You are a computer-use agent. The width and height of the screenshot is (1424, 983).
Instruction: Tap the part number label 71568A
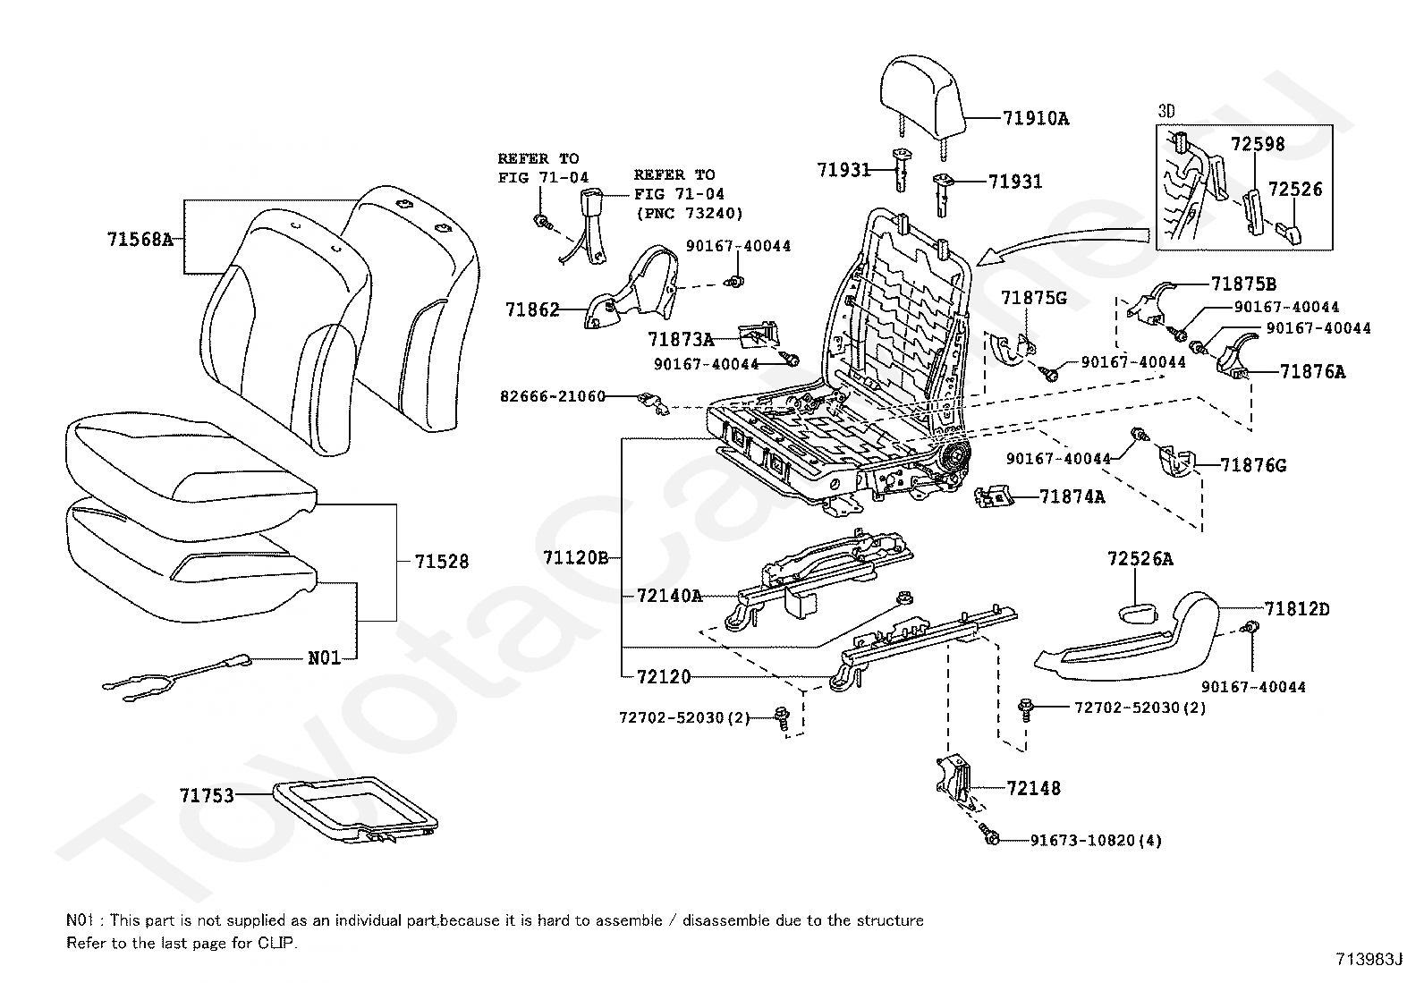pos(140,240)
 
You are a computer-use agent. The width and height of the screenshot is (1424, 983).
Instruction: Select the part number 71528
pos(441,562)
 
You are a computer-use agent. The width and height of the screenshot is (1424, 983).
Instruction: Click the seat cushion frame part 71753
pos(355,809)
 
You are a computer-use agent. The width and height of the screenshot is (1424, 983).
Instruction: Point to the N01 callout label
pos(324,658)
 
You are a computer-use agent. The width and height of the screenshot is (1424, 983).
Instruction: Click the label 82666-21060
pos(553,396)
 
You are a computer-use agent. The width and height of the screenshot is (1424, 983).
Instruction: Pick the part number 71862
pos(532,309)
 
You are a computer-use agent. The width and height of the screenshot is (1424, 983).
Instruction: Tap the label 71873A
pos(681,340)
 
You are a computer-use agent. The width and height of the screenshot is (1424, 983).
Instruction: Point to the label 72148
pos(1034,788)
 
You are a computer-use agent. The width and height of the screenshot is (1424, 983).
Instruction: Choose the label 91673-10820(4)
pos(1096,841)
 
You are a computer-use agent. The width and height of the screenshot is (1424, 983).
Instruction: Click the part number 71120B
pos(576,557)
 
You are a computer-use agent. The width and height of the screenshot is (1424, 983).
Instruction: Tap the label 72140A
pos(669,596)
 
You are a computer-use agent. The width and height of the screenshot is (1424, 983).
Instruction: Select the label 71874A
pos(1072,496)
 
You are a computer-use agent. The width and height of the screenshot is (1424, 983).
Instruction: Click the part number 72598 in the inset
pos(1258,144)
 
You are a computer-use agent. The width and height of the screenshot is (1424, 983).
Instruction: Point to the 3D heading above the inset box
pos(1166,111)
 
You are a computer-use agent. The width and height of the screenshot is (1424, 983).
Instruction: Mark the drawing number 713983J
pos(1369,959)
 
